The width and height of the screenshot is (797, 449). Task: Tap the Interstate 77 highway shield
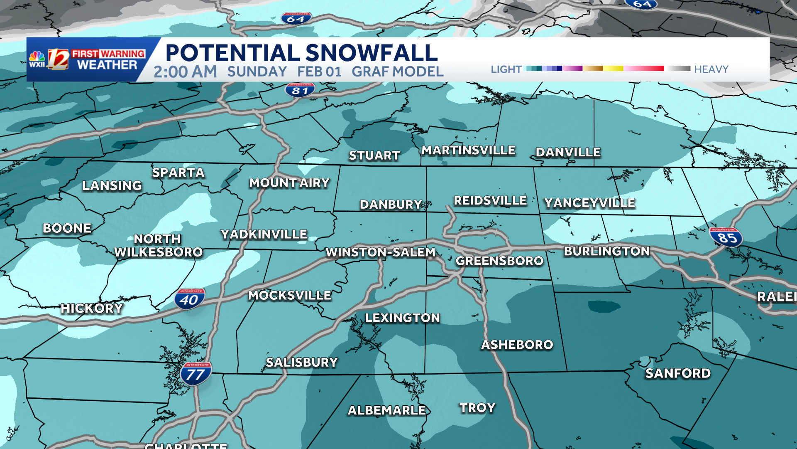tap(196, 373)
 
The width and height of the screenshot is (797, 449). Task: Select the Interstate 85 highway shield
tap(726, 237)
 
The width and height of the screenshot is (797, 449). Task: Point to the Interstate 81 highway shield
tap(300, 90)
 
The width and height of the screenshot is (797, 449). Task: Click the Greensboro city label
tap(499, 261)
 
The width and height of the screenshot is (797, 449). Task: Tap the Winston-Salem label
tap(380, 252)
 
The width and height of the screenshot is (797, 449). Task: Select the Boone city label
tap(67, 228)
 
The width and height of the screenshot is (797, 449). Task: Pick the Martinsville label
tap(468, 150)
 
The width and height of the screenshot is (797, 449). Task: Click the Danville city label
tap(568, 153)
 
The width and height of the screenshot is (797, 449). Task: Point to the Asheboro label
tap(517, 345)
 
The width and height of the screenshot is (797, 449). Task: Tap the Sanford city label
tap(677, 373)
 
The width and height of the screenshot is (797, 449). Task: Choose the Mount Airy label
tap(289, 183)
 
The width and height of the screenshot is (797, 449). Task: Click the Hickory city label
tap(92, 308)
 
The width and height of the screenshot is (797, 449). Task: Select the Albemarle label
tap(387, 410)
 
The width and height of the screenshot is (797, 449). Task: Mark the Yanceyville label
tap(589, 203)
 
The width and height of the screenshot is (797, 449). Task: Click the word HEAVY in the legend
tap(711, 69)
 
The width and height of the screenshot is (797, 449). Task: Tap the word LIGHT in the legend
tap(506, 69)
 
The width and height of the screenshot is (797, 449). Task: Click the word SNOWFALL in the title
tap(372, 53)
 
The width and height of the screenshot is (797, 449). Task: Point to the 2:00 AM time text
tap(185, 72)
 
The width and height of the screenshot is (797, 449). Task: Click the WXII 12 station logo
tap(49, 59)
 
